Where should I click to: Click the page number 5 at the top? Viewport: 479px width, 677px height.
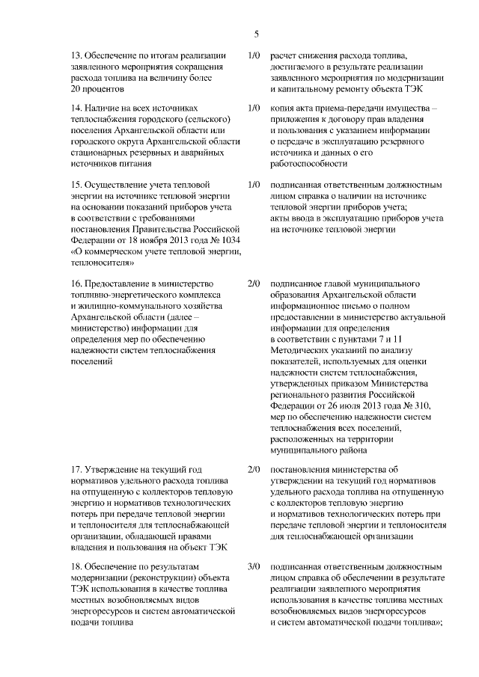256,34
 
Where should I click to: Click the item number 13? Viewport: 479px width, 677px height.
75,55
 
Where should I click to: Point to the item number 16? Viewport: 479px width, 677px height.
75,284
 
